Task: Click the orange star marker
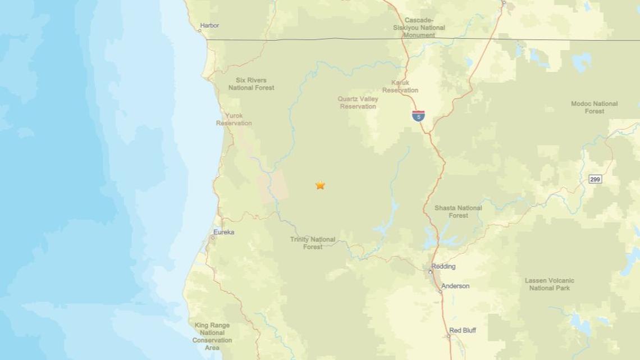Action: [x=320, y=185]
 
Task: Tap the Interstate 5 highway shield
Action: [x=418, y=116]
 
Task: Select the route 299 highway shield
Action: [x=595, y=179]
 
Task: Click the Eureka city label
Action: [x=224, y=232]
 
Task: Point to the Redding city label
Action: [x=444, y=266]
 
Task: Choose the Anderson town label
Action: [x=455, y=286]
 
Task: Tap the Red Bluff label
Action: [x=463, y=330]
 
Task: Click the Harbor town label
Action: [x=209, y=25]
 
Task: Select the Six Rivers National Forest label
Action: [x=251, y=84]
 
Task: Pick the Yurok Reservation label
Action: [x=234, y=119]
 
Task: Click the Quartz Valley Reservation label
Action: [x=358, y=102]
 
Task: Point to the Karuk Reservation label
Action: [x=400, y=86]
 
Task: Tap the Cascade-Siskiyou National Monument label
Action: [x=419, y=28]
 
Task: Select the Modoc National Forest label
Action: [x=594, y=107]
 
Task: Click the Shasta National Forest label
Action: [x=458, y=211]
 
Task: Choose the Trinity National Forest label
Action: [x=313, y=243]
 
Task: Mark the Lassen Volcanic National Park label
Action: [x=549, y=284]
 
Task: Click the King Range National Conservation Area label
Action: [x=212, y=336]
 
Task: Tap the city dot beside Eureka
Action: [x=212, y=238]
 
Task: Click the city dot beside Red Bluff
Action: [x=449, y=336]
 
